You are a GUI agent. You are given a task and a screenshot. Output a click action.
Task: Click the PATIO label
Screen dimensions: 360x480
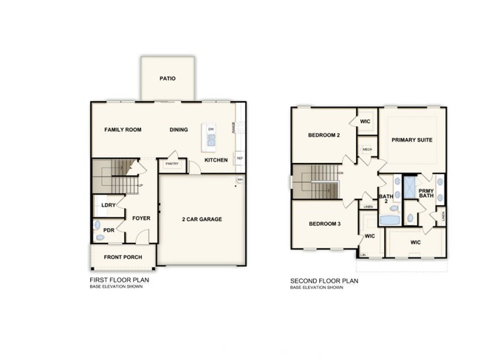(x=167, y=77)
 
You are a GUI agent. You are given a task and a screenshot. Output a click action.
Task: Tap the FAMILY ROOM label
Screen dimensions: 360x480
(x=122, y=130)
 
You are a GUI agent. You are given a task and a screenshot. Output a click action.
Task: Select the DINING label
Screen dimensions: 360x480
(x=179, y=130)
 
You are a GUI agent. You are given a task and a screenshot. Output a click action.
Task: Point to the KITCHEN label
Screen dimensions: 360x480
(x=216, y=160)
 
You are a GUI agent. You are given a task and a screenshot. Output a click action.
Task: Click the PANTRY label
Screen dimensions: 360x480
(x=172, y=163)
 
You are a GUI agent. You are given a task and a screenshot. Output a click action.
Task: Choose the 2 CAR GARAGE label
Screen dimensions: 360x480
(x=202, y=219)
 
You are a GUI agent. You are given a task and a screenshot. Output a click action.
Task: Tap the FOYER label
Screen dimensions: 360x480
(x=141, y=218)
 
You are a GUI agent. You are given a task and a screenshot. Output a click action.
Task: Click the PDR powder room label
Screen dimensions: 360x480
(x=109, y=230)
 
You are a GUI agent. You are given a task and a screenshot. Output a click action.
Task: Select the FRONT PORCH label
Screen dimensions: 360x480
(x=123, y=257)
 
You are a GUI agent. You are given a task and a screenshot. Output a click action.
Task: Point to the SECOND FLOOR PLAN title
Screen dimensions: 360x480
(x=324, y=281)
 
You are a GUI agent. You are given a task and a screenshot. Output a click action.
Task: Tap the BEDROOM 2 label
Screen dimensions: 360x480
(x=323, y=136)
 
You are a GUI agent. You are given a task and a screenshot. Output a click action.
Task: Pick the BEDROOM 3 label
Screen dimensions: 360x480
(x=323, y=224)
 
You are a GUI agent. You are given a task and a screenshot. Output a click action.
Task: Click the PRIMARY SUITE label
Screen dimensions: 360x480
(x=412, y=139)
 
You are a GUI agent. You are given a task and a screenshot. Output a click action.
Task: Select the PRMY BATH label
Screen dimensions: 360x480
(x=425, y=194)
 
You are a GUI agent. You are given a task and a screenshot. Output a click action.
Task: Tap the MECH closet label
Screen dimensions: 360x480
(x=367, y=150)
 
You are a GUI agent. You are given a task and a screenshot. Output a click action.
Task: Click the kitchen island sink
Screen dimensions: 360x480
(x=210, y=139)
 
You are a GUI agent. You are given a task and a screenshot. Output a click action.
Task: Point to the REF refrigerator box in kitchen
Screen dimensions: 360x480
(x=239, y=158)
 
